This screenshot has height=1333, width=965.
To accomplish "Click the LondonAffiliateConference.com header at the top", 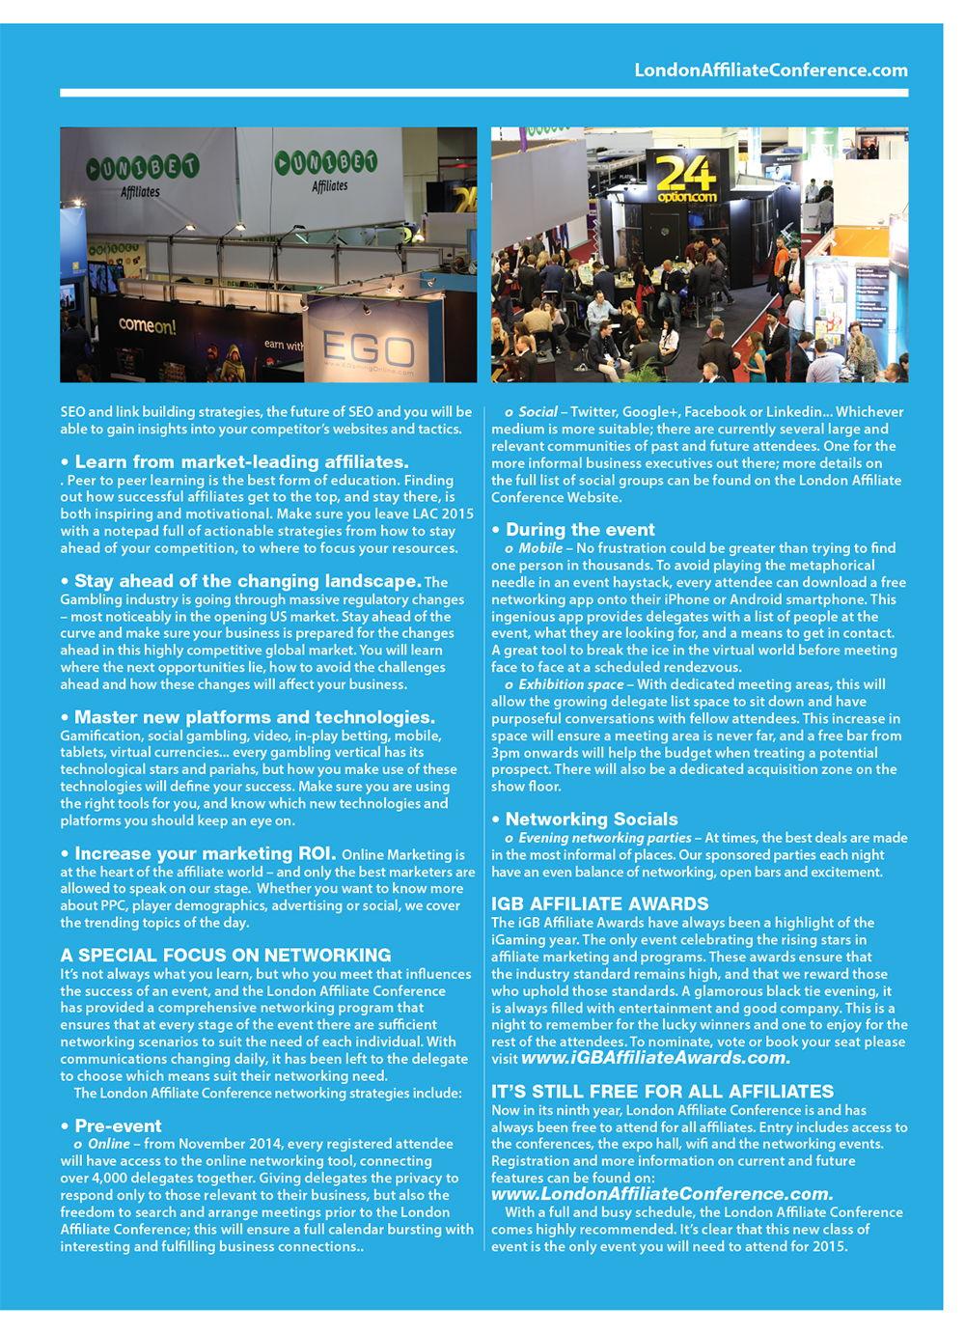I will coord(770,69).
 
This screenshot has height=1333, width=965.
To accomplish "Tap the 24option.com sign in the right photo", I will coord(686,183).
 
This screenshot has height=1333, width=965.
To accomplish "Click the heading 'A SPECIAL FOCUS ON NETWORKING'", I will coord(226,956).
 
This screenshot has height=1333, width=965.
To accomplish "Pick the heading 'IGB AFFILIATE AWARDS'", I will coord(600,904).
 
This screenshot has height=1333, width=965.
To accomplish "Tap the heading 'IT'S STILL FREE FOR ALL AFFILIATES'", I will coord(662,1092).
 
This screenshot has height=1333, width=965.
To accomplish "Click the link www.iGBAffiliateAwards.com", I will coord(655,1058).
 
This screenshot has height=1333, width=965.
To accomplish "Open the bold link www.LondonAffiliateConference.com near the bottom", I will coord(662,1194).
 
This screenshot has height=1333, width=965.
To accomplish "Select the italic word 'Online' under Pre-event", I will coord(108,1144).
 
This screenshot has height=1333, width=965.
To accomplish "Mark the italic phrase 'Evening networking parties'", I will coord(604,837).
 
